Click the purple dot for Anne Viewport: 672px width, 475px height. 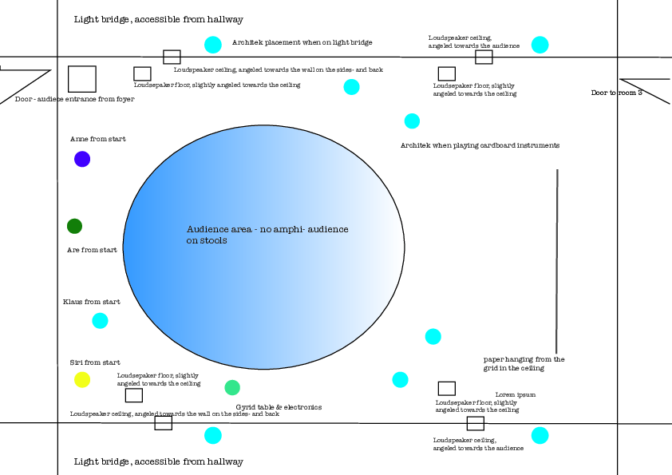[82, 159]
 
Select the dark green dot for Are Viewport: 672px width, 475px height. [74, 226]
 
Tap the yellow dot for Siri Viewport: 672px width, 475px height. [82, 380]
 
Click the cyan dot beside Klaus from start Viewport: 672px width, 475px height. [100, 321]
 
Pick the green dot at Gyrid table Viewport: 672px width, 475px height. [232, 388]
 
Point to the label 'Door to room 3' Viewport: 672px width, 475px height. [616, 93]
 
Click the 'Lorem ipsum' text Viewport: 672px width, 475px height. [515, 394]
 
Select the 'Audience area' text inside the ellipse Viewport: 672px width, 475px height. [267, 235]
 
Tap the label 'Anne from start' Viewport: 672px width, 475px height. [97, 139]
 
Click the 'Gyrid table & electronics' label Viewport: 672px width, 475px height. [279, 407]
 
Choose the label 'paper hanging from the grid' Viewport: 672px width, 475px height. [524, 364]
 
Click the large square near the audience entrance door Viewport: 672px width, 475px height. [81, 79]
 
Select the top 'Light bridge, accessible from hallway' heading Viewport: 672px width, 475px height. [158, 19]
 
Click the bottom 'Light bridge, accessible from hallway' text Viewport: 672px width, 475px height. [158, 461]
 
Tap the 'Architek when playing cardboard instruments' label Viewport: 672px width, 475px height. [480, 145]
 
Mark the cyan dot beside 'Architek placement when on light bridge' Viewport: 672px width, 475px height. [213, 45]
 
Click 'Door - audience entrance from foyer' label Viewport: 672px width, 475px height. [74, 99]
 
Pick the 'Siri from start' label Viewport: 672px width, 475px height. [95, 362]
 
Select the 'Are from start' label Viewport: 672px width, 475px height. [92, 250]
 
